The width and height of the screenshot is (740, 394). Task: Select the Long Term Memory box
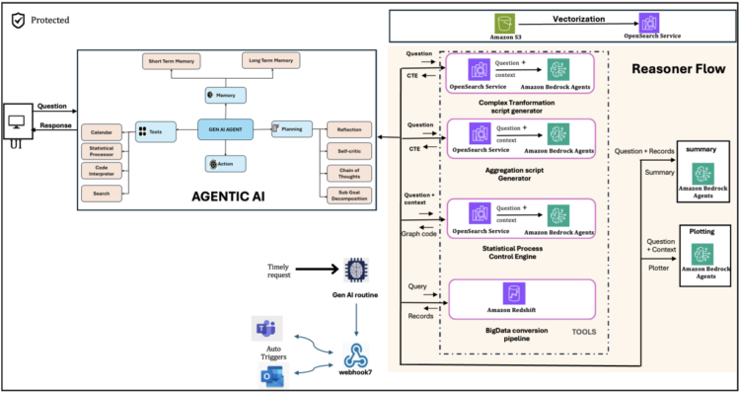pyautogui.click(x=268, y=61)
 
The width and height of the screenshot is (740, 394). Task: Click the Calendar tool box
pyautogui.click(x=102, y=130)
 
